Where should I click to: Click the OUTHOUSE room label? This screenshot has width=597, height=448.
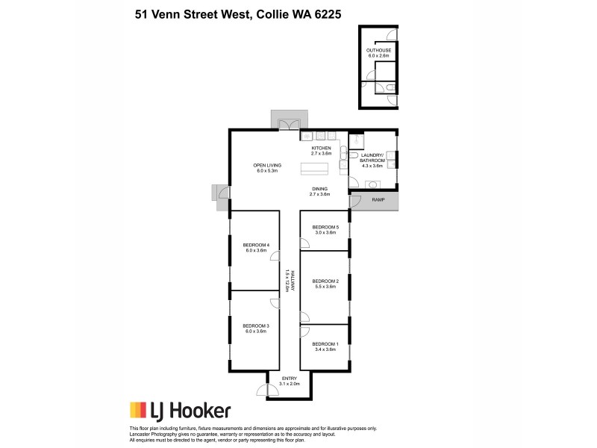[379, 52]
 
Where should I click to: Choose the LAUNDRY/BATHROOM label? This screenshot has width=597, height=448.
[372, 159]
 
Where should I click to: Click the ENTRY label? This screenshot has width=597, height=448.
[289, 381]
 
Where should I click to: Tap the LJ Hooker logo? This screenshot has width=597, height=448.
[180, 410]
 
